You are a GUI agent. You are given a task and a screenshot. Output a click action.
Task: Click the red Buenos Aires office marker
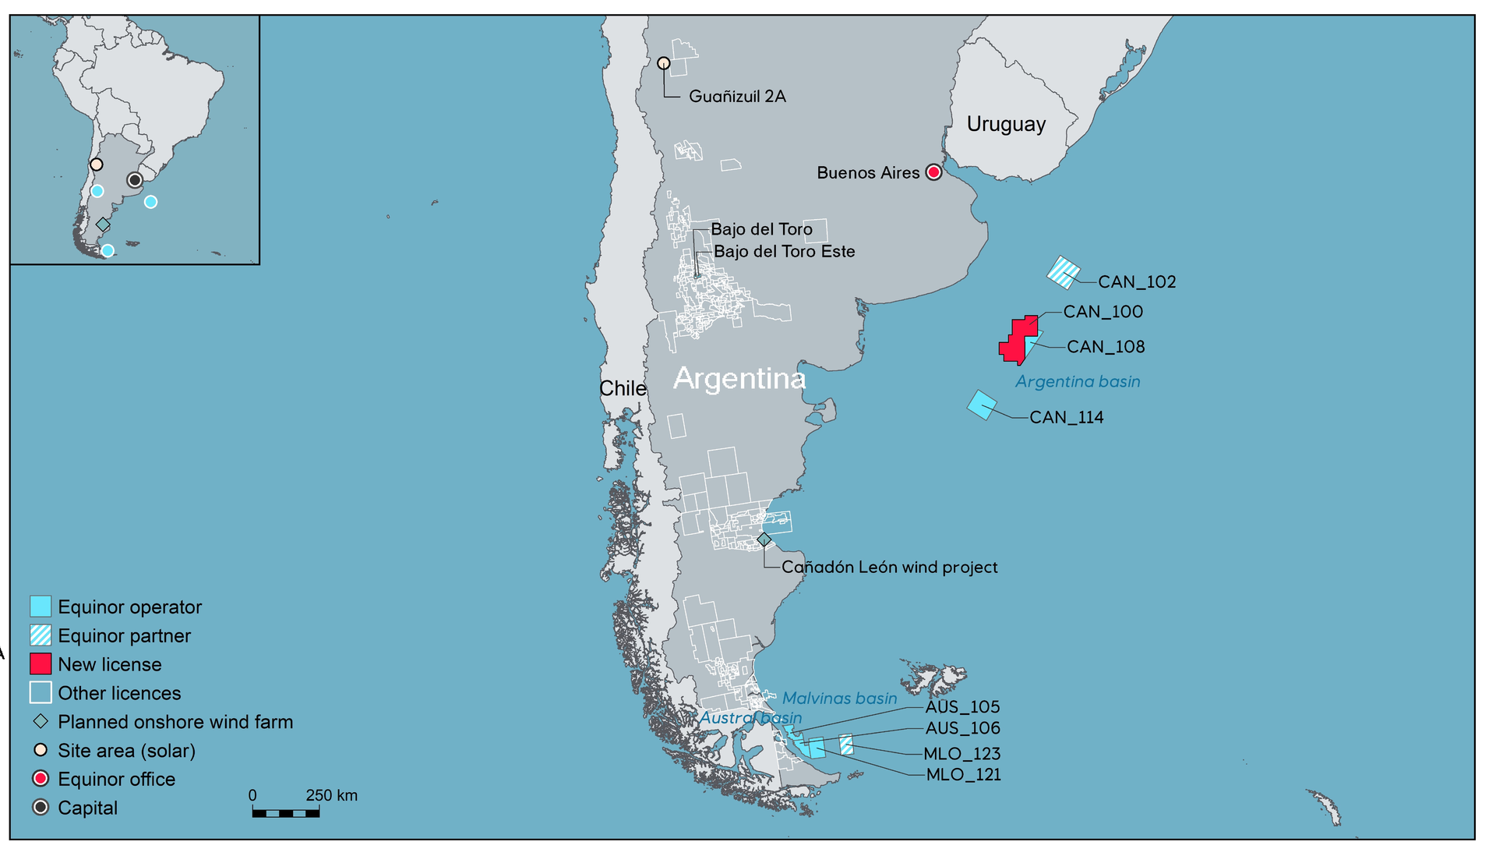(x=933, y=172)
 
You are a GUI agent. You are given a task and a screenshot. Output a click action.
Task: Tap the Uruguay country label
(x=1006, y=125)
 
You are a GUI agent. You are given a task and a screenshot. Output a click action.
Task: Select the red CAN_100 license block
(x=1017, y=341)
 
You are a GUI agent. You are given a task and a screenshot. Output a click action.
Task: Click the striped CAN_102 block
(x=1063, y=272)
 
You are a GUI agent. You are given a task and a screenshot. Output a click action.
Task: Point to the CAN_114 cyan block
(x=982, y=405)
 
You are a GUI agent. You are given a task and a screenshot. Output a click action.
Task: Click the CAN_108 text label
(x=1105, y=347)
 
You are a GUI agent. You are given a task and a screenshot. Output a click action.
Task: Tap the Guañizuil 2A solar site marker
(x=663, y=63)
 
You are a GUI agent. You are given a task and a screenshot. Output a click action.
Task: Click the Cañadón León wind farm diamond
(x=764, y=539)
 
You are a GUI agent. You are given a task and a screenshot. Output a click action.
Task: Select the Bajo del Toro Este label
(x=784, y=252)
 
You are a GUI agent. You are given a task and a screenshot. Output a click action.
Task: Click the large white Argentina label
(x=739, y=379)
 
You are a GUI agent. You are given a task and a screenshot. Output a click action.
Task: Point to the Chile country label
(x=623, y=388)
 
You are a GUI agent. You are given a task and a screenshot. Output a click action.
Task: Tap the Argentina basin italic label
(x=1077, y=382)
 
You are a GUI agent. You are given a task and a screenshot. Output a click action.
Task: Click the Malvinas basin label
(x=839, y=699)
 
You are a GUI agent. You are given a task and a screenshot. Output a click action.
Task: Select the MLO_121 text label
(x=963, y=775)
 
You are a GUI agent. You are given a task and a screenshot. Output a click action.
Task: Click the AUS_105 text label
(x=962, y=707)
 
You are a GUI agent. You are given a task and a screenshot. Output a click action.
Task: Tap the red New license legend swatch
(x=41, y=664)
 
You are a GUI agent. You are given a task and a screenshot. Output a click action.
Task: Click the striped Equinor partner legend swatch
(x=41, y=635)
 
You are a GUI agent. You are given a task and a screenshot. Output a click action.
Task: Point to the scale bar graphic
(x=285, y=813)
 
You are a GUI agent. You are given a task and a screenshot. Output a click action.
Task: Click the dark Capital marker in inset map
(x=135, y=180)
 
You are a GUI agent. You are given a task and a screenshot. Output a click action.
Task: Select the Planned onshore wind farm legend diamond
(x=41, y=722)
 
